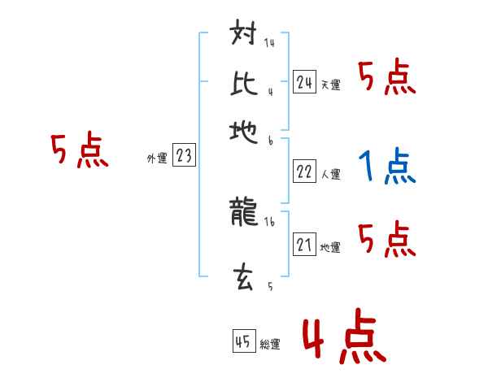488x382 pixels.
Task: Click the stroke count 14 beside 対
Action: [x=269, y=43]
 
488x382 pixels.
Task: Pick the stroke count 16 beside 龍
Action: [x=269, y=220]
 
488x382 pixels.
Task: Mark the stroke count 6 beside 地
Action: [x=269, y=141]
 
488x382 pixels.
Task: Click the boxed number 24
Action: [x=304, y=81]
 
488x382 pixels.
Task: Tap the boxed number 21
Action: [x=304, y=244]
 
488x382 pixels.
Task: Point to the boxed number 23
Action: [x=184, y=157]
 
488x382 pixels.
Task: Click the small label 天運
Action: [x=330, y=85]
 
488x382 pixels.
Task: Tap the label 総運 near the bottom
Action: [x=269, y=345]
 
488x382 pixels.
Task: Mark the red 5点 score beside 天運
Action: [x=387, y=78]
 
